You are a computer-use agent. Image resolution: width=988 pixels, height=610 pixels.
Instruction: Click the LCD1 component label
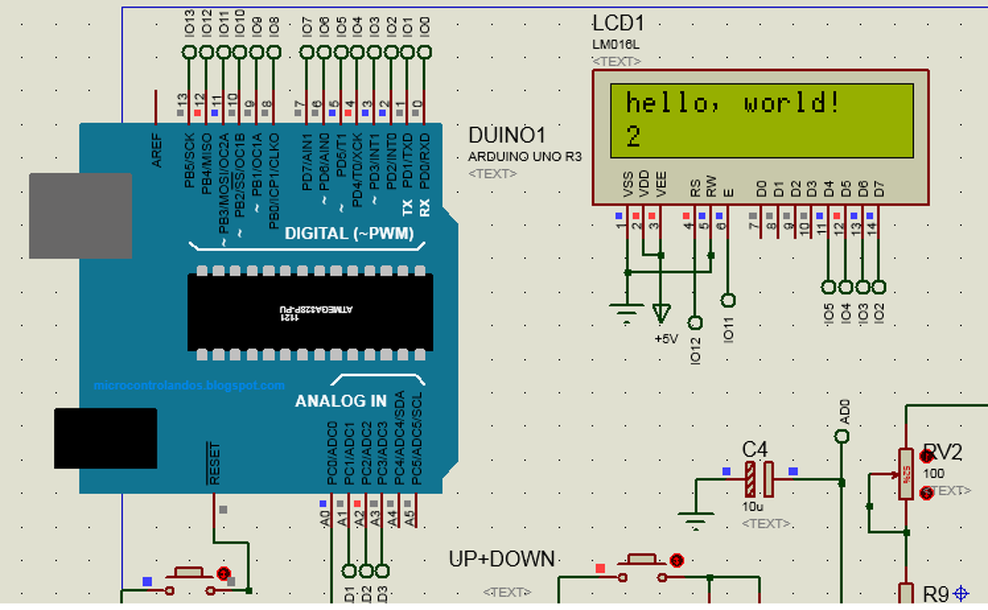[x=619, y=24]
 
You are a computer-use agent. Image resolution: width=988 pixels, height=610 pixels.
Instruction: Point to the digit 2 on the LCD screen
[x=633, y=137]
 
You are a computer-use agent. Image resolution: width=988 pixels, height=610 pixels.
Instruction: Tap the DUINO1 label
[x=507, y=136]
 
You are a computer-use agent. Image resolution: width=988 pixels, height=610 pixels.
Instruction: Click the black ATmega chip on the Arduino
[x=310, y=311]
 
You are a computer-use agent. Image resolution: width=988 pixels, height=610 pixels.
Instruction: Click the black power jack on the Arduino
[x=105, y=438]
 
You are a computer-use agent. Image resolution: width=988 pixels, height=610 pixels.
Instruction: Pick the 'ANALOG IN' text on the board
[x=340, y=402]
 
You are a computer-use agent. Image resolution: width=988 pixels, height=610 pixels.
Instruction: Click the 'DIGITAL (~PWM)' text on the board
[x=349, y=233]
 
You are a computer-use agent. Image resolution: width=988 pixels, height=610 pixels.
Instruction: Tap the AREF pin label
[x=157, y=149]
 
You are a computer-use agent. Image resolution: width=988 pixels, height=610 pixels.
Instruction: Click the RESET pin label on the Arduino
[x=215, y=463]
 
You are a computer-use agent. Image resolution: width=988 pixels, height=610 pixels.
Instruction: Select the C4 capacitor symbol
[x=759, y=480]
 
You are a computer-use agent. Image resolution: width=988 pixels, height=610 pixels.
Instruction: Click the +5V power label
[x=666, y=339]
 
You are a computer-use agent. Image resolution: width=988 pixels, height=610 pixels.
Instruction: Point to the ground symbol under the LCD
[x=627, y=312]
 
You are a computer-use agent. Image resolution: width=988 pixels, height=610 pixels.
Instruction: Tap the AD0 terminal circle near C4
[x=842, y=437]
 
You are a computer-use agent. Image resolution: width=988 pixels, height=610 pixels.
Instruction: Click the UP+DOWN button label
[x=502, y=559]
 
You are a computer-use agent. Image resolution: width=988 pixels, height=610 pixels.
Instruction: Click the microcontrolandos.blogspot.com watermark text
[x=189, y=385]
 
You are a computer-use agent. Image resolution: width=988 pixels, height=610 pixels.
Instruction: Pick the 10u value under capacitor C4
[x=753, y=507]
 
